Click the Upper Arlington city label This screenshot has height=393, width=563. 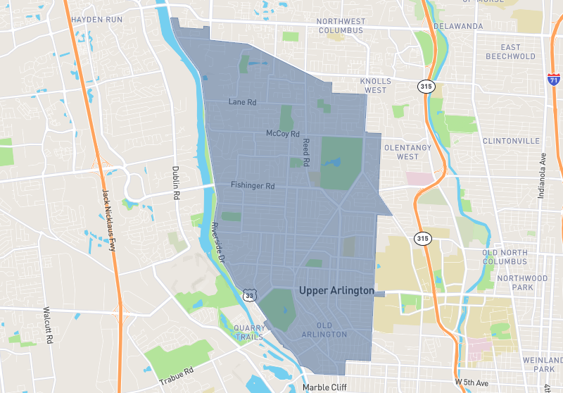coord(336,290)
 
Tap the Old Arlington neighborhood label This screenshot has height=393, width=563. coord(324,330)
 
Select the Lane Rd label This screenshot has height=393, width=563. coord(243,102)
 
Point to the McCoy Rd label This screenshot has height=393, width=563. coord(283,133)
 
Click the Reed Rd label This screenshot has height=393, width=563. coord(306,152)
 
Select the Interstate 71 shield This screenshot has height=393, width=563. coord(555,80)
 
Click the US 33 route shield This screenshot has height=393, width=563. coord(249,295)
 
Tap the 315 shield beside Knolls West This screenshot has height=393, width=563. coord(427,86)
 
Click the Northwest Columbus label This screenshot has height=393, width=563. coord(340,26)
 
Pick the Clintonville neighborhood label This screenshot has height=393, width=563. coord(510,141)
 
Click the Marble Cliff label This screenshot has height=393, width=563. coord(325,387)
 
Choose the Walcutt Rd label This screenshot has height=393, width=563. coord(47,324)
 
